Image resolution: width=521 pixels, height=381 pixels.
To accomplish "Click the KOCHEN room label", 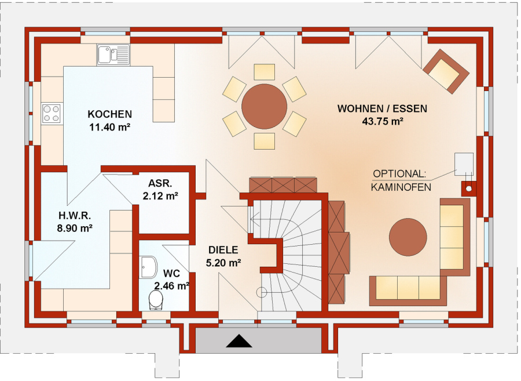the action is (x=109, y=114).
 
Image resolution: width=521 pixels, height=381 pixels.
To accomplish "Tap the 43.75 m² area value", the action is (x=383, y=121).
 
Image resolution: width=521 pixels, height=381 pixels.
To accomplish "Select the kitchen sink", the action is (x=113, y=55).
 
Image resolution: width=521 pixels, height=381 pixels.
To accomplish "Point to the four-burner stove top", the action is (x=52, y=114).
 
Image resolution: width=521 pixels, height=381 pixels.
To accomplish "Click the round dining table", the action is (x=264, y=107).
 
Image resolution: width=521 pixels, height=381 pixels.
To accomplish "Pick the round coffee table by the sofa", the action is (x=408, y=237).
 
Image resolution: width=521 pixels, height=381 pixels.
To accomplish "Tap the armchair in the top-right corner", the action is (x=446, y=71).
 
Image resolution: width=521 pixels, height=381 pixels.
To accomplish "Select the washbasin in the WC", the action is (x=148, y=267).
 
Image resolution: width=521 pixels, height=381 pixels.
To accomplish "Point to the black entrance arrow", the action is (x=239, y=341).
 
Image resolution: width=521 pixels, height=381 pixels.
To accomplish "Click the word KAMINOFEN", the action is (x=401, y=187).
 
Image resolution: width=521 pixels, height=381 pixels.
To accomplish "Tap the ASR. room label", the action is (x=160, y=183).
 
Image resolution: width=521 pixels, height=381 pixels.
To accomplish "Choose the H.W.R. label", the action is (x=75, y=216).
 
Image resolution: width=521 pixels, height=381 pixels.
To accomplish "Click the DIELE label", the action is (x=223, y=250).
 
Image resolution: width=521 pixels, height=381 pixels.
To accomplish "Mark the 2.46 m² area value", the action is (x=172, y=285).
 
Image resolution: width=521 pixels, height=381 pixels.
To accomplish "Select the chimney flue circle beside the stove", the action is (x=469, y=188).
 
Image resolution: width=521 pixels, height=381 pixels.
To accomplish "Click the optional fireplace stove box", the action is (x=464, y=164).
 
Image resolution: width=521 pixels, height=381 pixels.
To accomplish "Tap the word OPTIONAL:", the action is (x=399, y=174).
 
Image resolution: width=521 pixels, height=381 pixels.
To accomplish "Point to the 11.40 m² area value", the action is (x=109, y=127).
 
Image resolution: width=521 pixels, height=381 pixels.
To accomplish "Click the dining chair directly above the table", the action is (x=264, y=72).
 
